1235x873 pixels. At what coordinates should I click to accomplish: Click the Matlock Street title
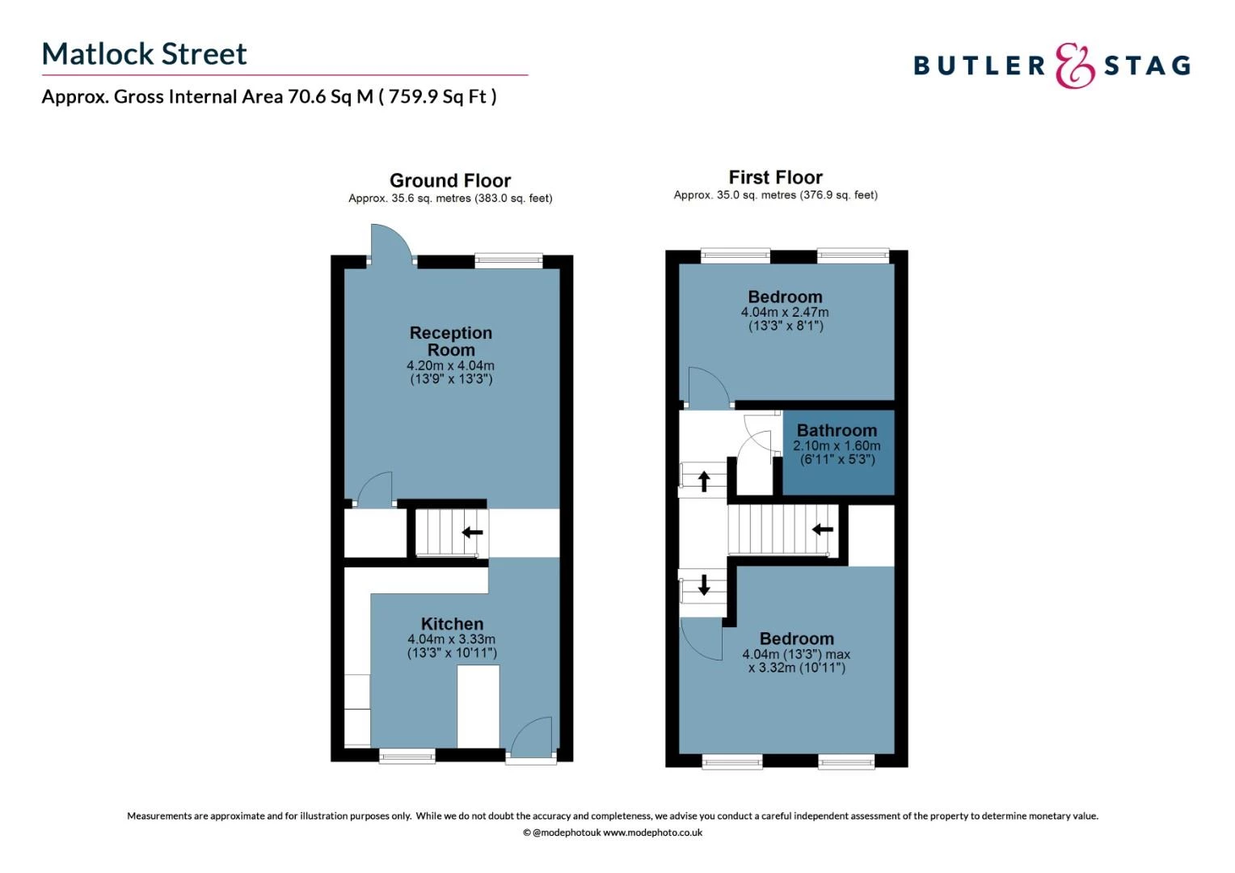click(144, 54)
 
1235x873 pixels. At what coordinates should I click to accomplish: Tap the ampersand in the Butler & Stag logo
click(1074, 66)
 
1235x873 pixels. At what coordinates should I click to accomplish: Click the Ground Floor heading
click(450, 180)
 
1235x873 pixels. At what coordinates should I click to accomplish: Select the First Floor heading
click(775, 177)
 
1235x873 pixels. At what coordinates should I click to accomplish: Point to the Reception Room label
click(450, 341)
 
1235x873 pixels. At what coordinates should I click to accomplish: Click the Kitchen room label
click(452, 624)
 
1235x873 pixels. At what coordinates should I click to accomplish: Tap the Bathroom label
click(837, 431)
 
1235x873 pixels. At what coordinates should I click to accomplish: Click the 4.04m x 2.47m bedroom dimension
click(785, 312)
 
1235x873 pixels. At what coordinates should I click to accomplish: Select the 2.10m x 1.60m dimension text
click(837, 445)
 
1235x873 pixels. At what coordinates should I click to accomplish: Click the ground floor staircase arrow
click(472, 533)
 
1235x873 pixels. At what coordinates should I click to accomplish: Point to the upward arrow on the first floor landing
click(704, 481)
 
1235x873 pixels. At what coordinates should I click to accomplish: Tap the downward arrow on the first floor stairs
click(704, 584)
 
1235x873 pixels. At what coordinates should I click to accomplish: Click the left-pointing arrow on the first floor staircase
click(822, 529)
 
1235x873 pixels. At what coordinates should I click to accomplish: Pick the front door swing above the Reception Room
click(390, 242)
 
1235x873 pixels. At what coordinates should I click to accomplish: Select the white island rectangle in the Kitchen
click(478, 706)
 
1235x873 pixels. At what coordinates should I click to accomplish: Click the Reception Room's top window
click(508, 259)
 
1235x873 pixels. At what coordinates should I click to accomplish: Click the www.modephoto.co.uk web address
click(652, 833)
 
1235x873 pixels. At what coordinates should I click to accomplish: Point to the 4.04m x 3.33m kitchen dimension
click(452, 639)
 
